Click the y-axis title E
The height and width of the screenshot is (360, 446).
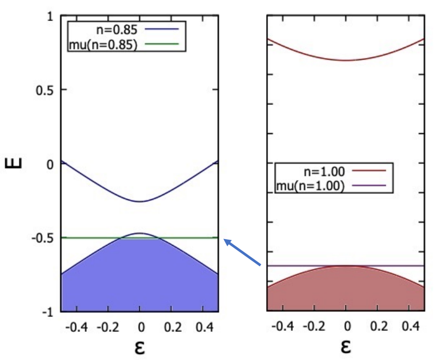pyautogui.click(x=13, y=163)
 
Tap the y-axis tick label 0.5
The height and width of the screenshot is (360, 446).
pyautogui.click(x=44, y=91)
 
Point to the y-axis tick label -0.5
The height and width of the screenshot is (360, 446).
pyautogui.click(x=43, y=238)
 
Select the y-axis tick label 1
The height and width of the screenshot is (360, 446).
pyautogui.click(x=50, y=17)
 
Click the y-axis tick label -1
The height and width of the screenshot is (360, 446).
pyautogui.click(x=48, y=313)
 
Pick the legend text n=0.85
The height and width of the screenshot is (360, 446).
pyautogui.click(x=117, y=30)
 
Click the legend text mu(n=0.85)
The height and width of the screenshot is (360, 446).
pyautogui.click(x=103, y=45)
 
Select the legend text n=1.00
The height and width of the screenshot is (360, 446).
pyautogui.click(x=324, y=171)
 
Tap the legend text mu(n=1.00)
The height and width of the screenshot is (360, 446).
pyautogui.click(x=311, y=186)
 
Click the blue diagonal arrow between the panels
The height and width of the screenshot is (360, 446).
pyautogui.click(x=242, y=252)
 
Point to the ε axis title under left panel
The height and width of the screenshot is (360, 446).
pyautogui.click(x=140, y=347)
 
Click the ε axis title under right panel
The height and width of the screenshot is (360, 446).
pyautogui.click(x=345, y=346)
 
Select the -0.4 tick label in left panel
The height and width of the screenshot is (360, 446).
pyautogui.click(x=76, y=327)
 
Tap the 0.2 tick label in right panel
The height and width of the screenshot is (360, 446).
pyautogui.click(x=379, y=326)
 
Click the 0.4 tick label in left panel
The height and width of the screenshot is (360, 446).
pyautogui.click(x=204, y=327)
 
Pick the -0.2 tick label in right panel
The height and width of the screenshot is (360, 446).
pyautogui.click(x=314, y=326)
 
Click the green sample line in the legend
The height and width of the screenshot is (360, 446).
pyautogui.click(x=162, y=44)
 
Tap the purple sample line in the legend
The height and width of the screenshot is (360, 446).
pyautogui.click(x=369, y=186)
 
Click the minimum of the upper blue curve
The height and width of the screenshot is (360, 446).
pyautogui.click(x=140, y=202)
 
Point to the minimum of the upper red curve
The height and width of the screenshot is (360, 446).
pyautogui.click(x=345, y=60)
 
